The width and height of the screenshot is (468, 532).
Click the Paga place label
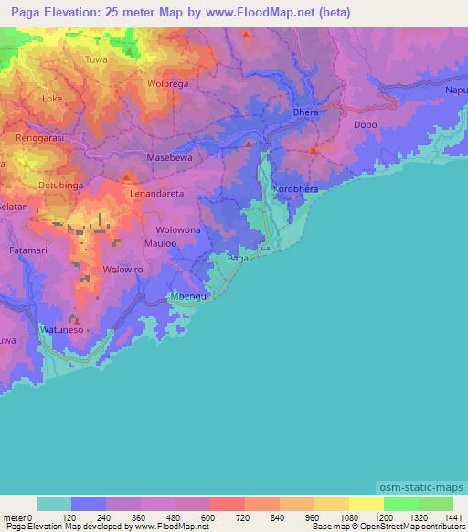(x=237, y=259)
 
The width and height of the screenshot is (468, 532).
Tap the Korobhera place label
(x=295, y=188)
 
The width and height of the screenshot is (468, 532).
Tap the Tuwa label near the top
(x=96, y=59)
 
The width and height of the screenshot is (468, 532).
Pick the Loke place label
(x=53, y=97)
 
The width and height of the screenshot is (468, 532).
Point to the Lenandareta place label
(x=157, y=194)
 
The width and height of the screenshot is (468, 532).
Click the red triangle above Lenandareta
(x=127, y=176)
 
